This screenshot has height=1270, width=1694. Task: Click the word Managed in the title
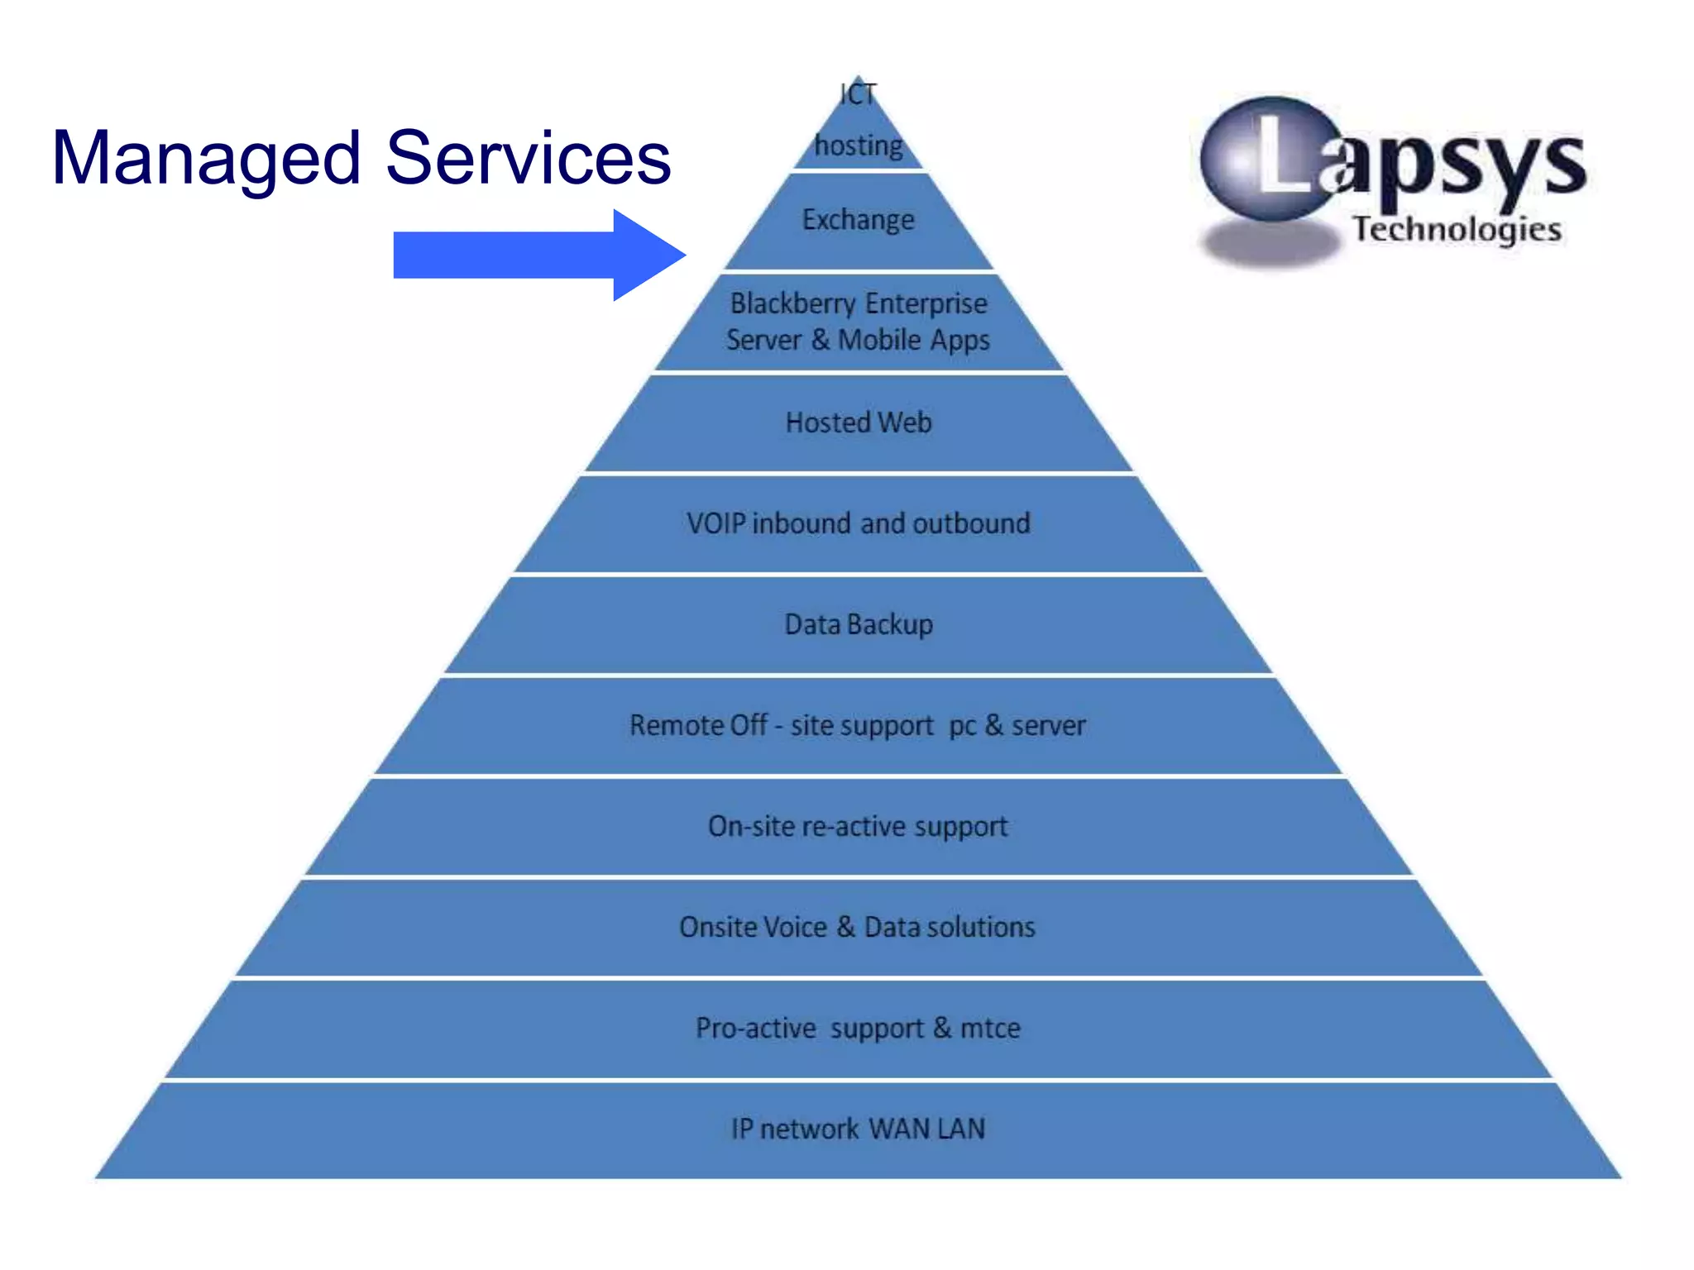coord(206,159)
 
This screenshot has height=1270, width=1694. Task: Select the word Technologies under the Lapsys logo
coord(1457,229)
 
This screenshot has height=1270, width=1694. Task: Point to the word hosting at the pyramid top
coord(859,146)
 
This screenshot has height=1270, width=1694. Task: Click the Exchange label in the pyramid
coord(859,220)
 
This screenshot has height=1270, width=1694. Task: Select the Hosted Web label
coord(859,423)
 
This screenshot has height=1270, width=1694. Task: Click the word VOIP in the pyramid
coord(715,523)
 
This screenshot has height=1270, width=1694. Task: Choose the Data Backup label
coord(859,624)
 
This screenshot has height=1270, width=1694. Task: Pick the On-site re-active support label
coord(859,826)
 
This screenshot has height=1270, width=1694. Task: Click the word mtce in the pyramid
coord(990,1028)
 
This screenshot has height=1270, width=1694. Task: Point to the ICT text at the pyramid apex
coord(859,94)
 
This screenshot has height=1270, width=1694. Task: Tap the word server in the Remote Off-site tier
coord(1048,725)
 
